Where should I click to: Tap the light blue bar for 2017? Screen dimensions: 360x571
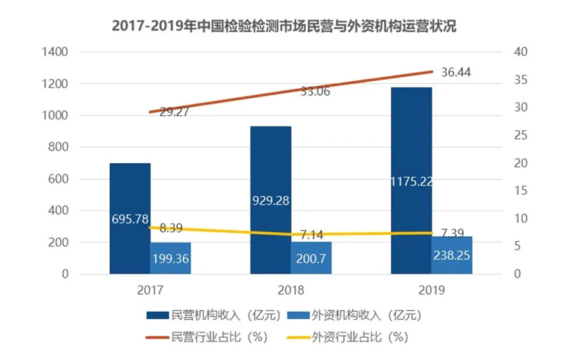coord(171,258)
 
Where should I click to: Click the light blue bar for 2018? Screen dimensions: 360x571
coord(312,258)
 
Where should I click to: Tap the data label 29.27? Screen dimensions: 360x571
coord(175,112)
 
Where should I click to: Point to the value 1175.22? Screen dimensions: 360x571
coord(412,182)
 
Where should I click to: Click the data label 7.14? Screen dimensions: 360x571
coord(311,235)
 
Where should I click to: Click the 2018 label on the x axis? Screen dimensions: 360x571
coord(291,291)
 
